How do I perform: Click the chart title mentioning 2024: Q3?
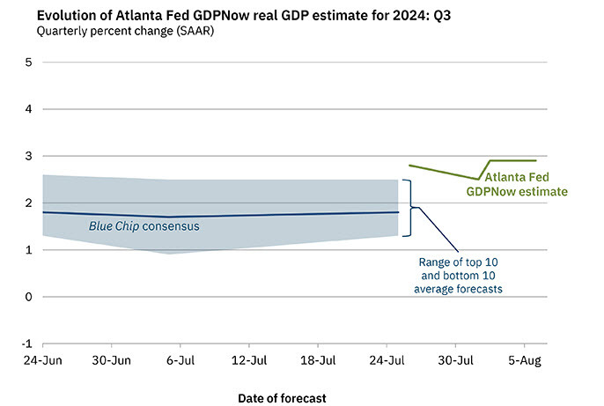[243, 15]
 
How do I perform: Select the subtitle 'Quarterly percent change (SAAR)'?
[125, 31]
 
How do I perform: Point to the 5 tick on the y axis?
[28, 62]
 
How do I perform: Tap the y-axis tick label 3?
[28, 156]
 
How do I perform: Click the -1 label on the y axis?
[27, 343]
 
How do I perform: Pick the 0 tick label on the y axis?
[28, 297]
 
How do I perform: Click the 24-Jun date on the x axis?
[43, 360]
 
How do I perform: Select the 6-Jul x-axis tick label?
[180, 360]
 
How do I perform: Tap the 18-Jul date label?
[318, 360]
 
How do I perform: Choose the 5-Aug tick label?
[525, 360]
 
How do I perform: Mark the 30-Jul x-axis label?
[456, 360]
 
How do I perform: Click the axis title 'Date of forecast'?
[282, 398]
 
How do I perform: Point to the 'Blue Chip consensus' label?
[144, 225]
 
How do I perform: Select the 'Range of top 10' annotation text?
[458, 262]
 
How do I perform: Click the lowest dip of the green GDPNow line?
[478, 179]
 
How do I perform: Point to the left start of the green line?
[409, 166]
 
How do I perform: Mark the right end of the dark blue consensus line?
[398, 212]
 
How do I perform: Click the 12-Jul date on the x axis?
[249, 360]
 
